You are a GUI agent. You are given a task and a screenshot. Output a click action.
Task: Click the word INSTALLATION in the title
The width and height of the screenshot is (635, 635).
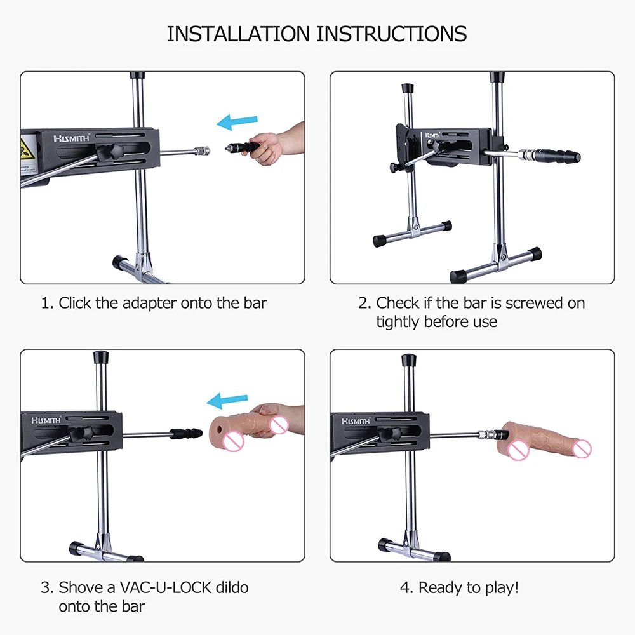pyautogui.click(x=239, y=34)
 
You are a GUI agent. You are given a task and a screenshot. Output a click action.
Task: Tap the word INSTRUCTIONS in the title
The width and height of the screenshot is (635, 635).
pyautogui.click(x=391, y=34)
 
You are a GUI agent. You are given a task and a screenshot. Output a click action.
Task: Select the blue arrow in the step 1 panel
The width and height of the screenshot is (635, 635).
pyautogui.click(x=237, y=121)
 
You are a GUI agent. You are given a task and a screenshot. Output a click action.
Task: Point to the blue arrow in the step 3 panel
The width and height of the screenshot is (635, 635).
pyautogui.click(x=227, y=400)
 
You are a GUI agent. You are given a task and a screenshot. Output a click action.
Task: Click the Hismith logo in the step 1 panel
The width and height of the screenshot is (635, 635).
pyautogui.click(x=72, y=138)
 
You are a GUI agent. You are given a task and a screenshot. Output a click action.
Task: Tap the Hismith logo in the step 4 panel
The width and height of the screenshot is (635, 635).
pyautogui.click(x=356, y=421)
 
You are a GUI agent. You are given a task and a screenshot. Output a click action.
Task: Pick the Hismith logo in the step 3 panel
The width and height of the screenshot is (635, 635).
pyautogui.click(x=46, y=420)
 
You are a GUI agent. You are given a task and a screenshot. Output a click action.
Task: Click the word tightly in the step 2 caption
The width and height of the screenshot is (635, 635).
pyautogui.click(x=398, y=323)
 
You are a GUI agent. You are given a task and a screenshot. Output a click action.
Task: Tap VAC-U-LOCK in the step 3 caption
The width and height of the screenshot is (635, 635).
pyautogui.click(x=166, y=587)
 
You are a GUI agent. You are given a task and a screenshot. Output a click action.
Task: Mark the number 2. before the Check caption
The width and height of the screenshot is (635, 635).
pyautogui.click(x=364, y=304)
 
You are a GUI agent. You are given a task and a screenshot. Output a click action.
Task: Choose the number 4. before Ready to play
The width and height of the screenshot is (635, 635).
pyautogui.click(x=406, y=587)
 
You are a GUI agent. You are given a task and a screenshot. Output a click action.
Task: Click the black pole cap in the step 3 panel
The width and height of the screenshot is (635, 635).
pyautogui.click(x=101, y=357)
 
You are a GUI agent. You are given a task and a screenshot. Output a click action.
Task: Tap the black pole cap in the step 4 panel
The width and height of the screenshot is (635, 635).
pyautogui.click(x=408, y=359)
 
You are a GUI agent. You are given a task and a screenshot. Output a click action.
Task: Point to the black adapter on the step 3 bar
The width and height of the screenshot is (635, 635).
pyautogui.click(x=186, y=433)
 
